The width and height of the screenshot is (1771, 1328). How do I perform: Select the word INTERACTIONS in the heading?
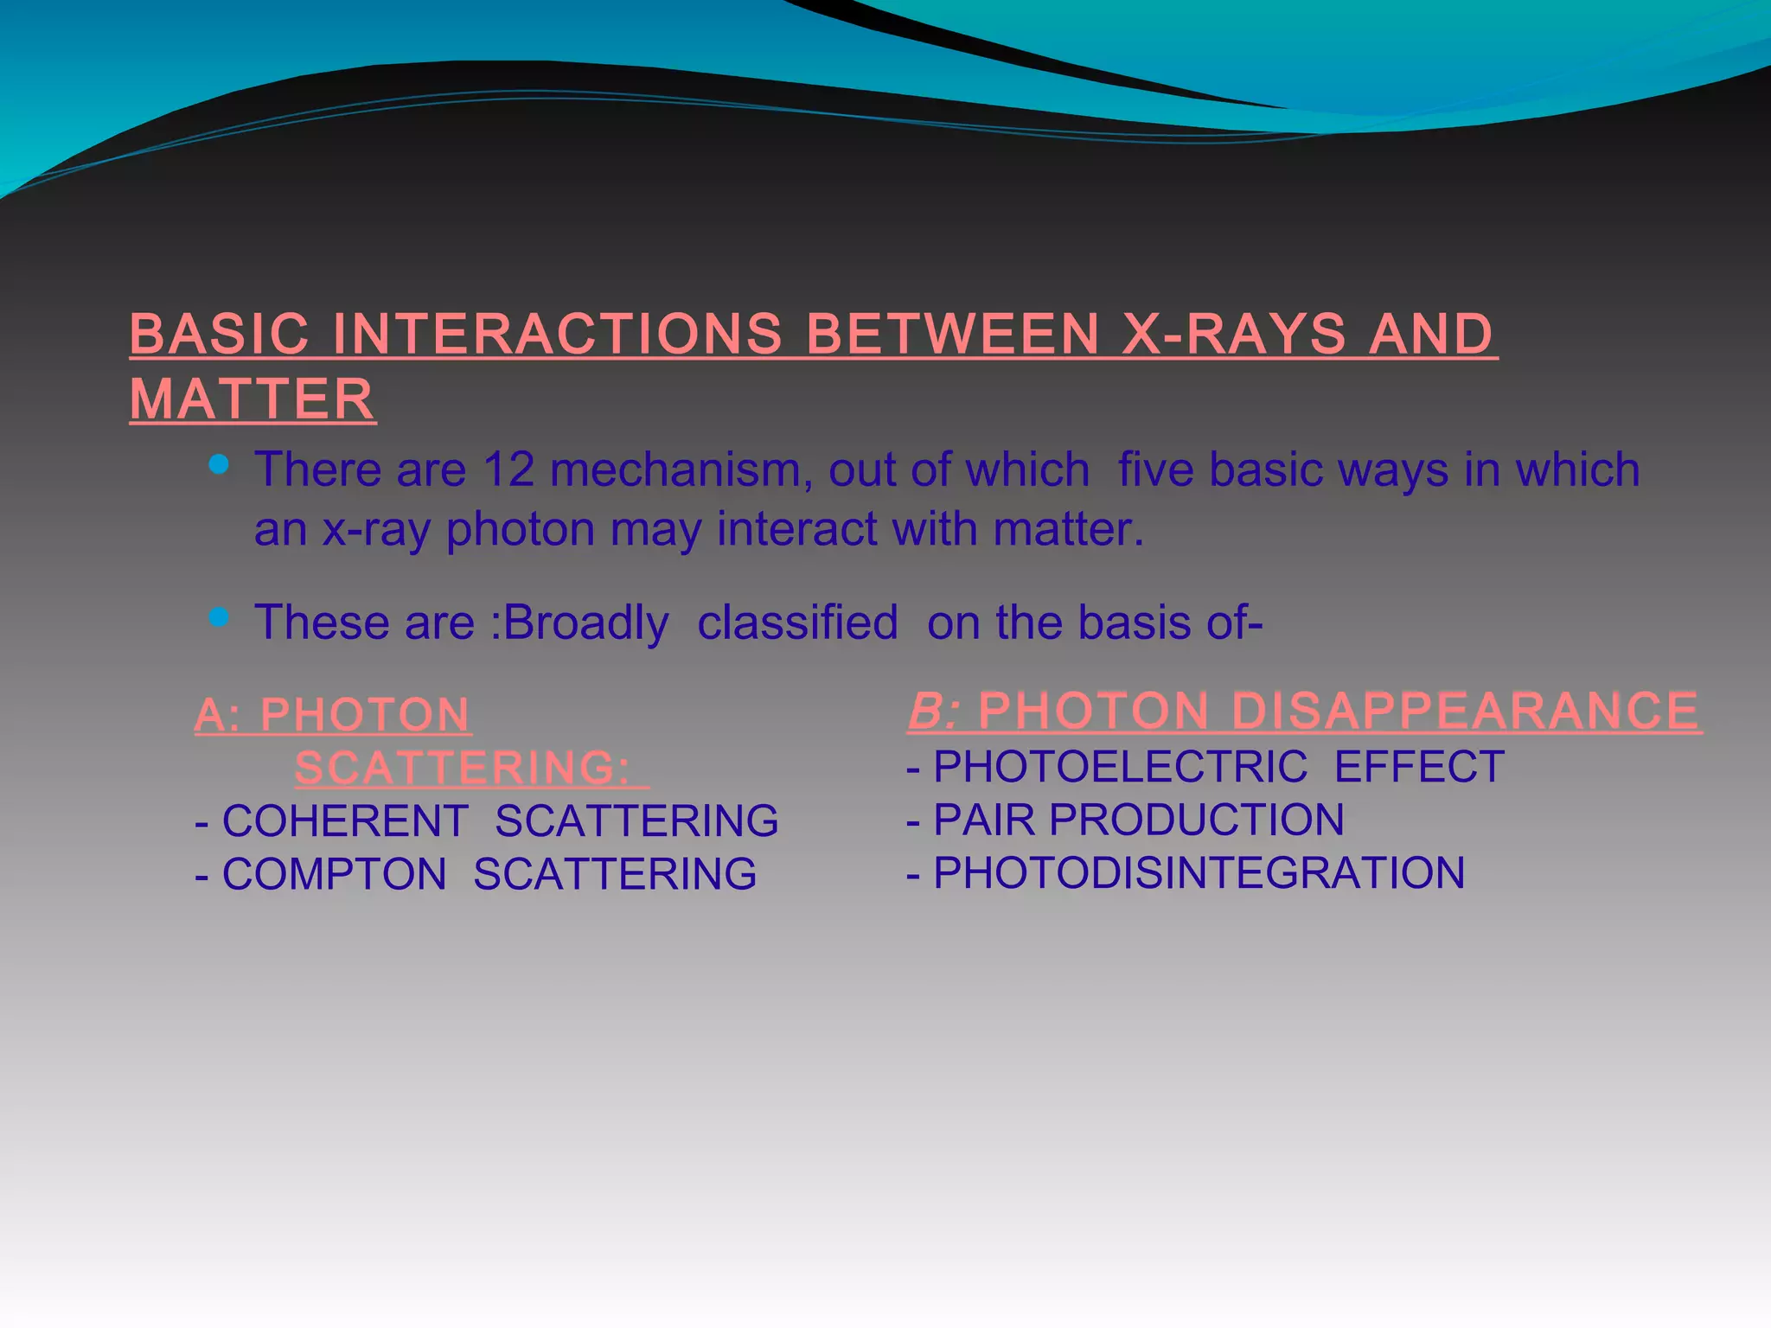557,334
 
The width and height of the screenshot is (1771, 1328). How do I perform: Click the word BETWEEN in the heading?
952,334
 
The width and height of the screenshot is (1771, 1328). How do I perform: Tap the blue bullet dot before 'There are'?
219,465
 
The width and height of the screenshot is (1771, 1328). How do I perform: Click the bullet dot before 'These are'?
219,617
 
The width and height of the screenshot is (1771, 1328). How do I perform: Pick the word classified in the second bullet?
797,622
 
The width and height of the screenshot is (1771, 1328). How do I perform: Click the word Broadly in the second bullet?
585,622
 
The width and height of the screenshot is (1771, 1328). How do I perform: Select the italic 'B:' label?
934,711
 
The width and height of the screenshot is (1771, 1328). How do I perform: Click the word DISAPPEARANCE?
1465,711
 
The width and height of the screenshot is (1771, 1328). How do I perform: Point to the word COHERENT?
345,820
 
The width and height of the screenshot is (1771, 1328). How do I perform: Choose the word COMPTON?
334,874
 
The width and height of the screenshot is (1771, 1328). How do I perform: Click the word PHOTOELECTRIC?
1120,767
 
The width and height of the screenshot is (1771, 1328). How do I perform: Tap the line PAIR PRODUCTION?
1138,820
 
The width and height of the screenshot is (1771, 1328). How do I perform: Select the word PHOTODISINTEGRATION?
1199,873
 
